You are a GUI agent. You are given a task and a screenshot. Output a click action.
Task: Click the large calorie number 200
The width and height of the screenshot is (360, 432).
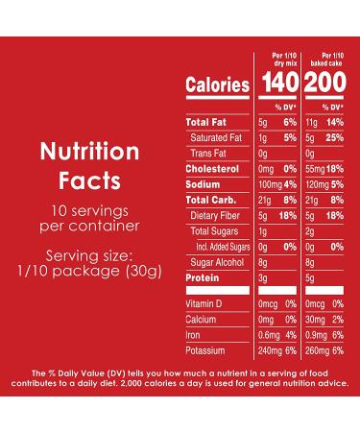325,85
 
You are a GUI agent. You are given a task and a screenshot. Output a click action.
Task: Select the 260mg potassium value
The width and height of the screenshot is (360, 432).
317,350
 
